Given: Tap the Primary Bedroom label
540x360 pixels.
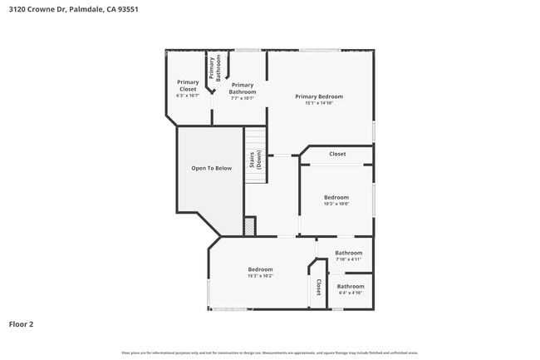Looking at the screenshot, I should tap(319, 96).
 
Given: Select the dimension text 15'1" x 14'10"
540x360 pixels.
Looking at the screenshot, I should tap(319, 103).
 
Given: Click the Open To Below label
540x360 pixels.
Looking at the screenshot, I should tap(212, 168).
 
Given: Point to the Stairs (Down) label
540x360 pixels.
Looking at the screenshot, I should tap(256, 160).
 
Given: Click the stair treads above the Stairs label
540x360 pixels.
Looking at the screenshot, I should tap(255, 137).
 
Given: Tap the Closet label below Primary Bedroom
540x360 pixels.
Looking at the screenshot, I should tap(337, 154).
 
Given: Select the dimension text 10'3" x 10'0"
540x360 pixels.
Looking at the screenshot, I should tap(336, 204).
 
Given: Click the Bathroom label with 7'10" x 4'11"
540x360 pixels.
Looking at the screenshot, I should tap(349, 253).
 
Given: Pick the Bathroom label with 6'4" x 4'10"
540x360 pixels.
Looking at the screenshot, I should tap(351, 286).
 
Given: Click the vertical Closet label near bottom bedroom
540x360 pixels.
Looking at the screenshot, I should tap(318, 287).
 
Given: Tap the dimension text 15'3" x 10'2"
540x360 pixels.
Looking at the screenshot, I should tap(260, 276).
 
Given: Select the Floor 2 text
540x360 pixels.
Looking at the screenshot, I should tap(21, 324).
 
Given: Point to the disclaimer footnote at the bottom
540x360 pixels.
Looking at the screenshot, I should tap(270, 353).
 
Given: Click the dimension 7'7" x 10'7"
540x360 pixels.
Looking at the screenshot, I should tap(243, 98).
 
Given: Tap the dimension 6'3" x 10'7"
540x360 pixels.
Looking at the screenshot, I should tap(188, 96).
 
